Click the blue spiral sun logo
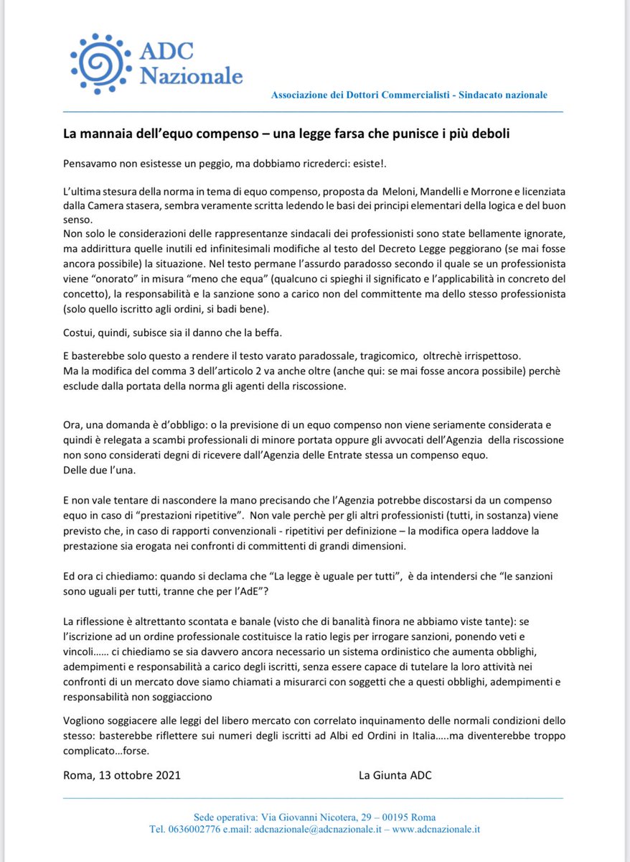pyautogui.click(x=101, y=63)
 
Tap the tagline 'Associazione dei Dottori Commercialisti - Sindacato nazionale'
pyautogui.click(x=409, y=95)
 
